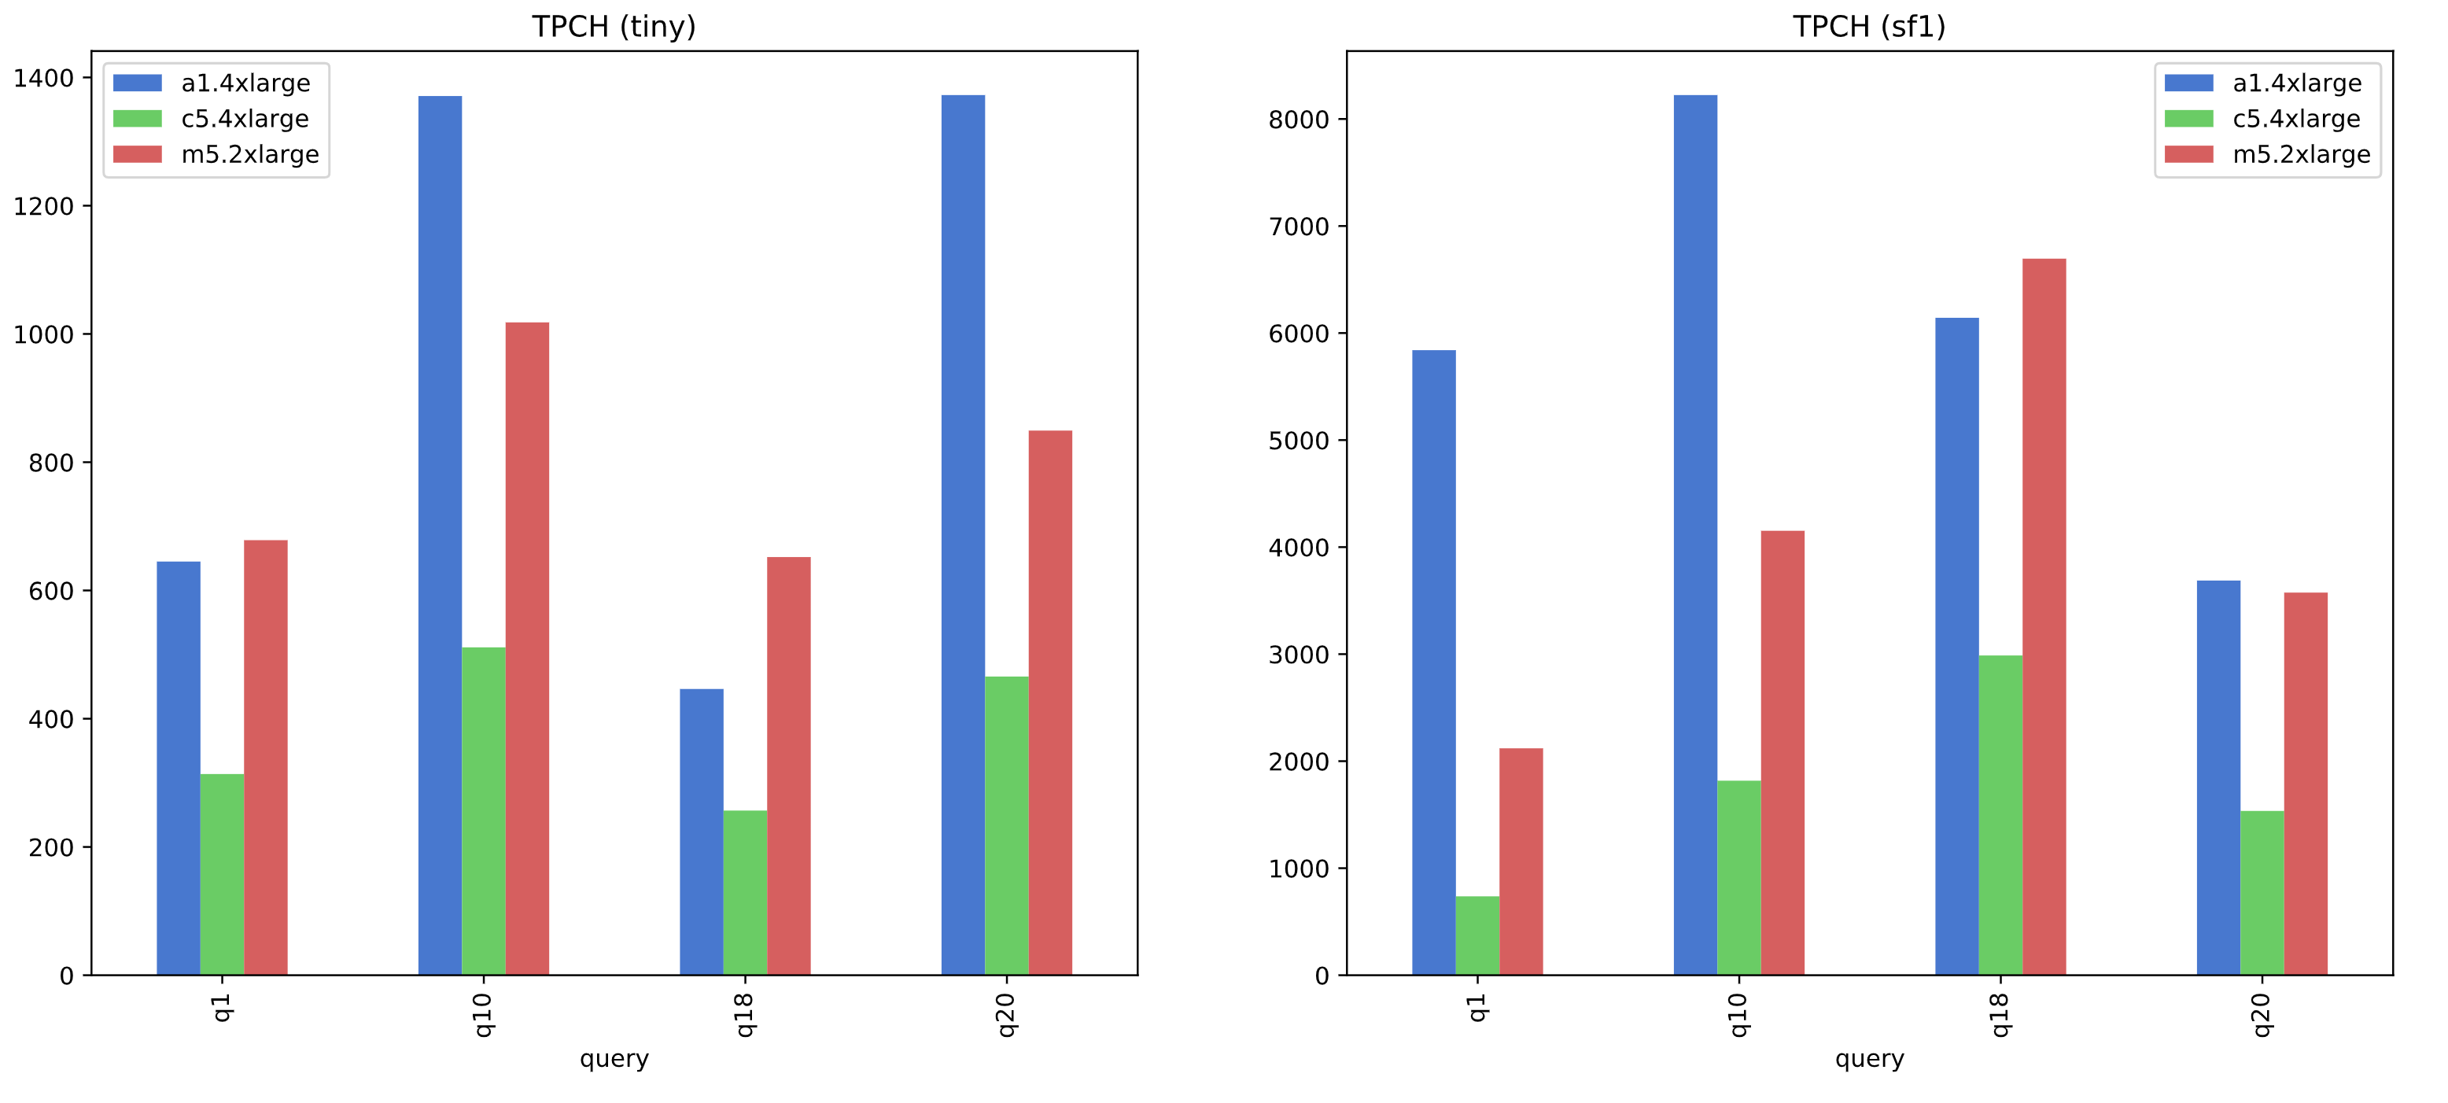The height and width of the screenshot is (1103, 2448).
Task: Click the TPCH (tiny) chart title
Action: click(613, 27)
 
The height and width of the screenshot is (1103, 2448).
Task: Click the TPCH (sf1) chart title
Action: click(1868, 27)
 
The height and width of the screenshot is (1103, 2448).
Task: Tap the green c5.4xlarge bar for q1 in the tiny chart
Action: click(223, 874)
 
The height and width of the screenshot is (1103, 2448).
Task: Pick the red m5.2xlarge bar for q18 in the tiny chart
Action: click(789, 765)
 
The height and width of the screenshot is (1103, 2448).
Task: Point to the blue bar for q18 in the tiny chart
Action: click(702, 832)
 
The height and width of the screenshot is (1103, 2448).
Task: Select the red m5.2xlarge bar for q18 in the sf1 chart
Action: click(2044, 617)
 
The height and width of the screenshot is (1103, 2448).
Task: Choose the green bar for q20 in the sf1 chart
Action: click(2262, 892)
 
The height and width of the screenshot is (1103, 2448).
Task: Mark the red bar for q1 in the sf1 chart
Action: click(1521, 861)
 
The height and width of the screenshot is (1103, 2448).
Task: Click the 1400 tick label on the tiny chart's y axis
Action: click(44, 79)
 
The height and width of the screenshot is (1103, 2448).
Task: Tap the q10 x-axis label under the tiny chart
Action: click(484, 1015)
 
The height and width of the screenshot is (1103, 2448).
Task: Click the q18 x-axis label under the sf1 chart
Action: click(2000, 1015)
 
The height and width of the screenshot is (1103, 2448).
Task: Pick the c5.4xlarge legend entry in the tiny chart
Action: click(244, 119)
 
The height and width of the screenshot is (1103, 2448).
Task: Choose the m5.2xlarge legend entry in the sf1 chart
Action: click(2300, 154)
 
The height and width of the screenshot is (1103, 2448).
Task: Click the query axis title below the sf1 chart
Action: click(1869, 1058)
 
